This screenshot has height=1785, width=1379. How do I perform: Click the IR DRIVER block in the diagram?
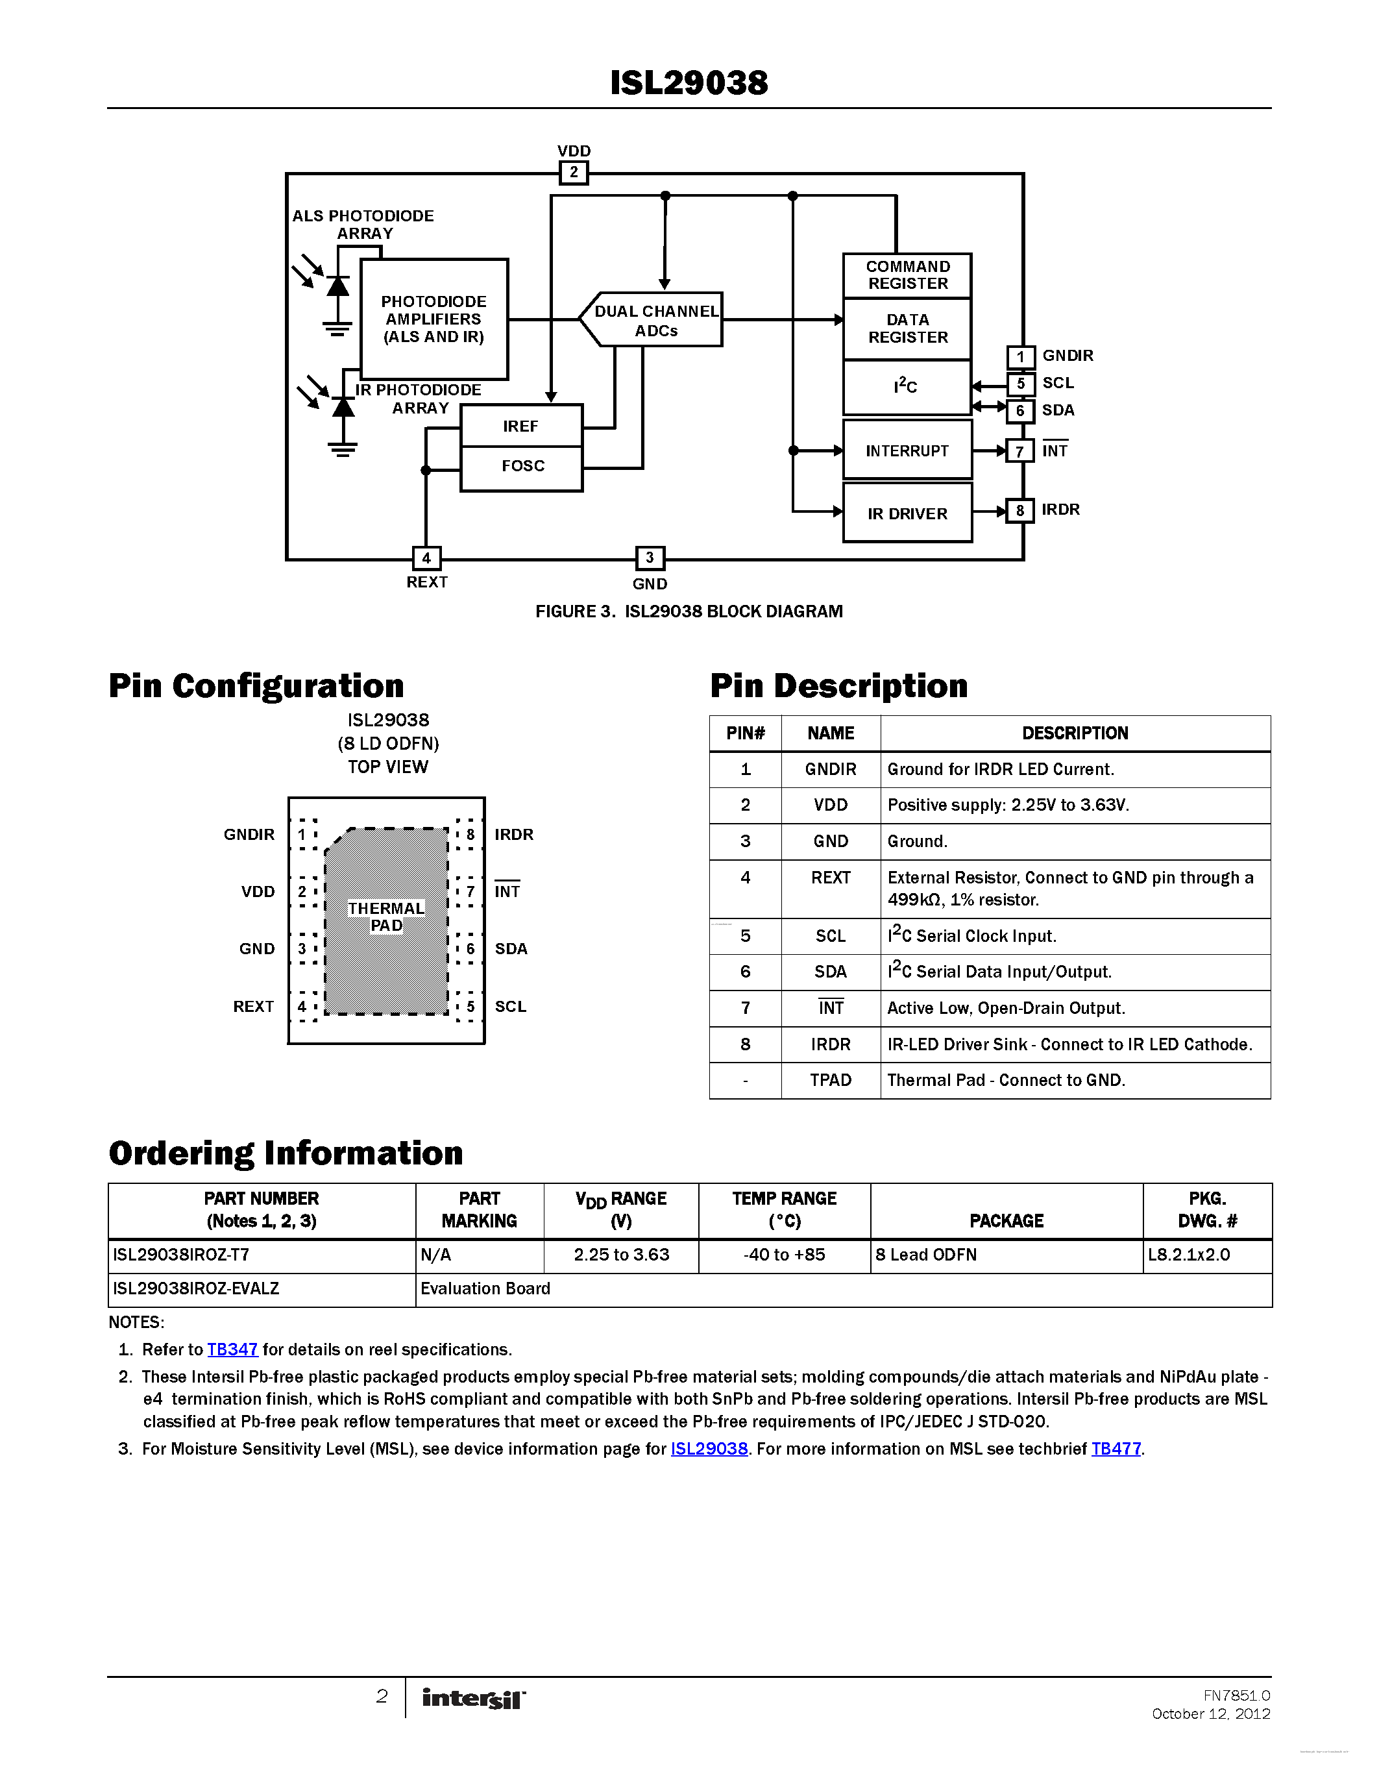(x=907, y=513)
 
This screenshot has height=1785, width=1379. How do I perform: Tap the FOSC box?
(x=522, y=467)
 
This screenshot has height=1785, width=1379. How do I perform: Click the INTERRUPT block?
(x=907, y=450)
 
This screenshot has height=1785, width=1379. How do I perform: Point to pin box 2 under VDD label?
(x=574, y=173)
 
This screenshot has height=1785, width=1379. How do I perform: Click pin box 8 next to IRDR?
(x=1019, y=511)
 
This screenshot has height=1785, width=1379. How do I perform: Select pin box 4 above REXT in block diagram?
(x=426, y=558)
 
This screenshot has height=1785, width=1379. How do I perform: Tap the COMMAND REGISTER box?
(x=907, y=275)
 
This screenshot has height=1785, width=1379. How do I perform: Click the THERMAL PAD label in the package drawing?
(x=386, y=917)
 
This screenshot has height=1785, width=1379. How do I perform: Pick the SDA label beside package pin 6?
(x=511, y=949)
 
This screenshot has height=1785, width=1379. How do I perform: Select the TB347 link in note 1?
(x=232, y=1349)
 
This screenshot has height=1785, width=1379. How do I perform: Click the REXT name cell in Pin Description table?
(x=830, y=878)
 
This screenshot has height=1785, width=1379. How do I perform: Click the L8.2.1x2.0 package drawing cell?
(x=1189, y=1255)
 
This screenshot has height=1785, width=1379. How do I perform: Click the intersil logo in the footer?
(x=474, y=1699)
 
